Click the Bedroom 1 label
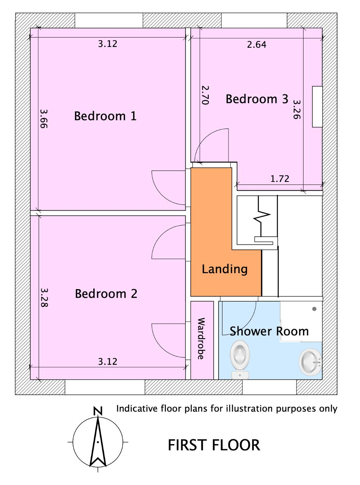pos(105,116)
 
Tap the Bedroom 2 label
pos(106,294)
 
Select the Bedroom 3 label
pos(257,99)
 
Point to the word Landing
pos(225,269)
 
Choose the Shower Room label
pos(269,331)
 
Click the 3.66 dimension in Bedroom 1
pos(44,119)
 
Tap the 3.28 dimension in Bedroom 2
pos(44,297)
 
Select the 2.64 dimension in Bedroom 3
pos(257,45)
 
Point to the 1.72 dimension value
pos(280,179)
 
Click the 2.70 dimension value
pos(205,95)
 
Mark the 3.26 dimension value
pos(297,110)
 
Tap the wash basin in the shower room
pos(310,362)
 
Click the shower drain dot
pos(314,309)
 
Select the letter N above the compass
pos(98,411)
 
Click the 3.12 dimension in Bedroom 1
pos(107,44)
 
